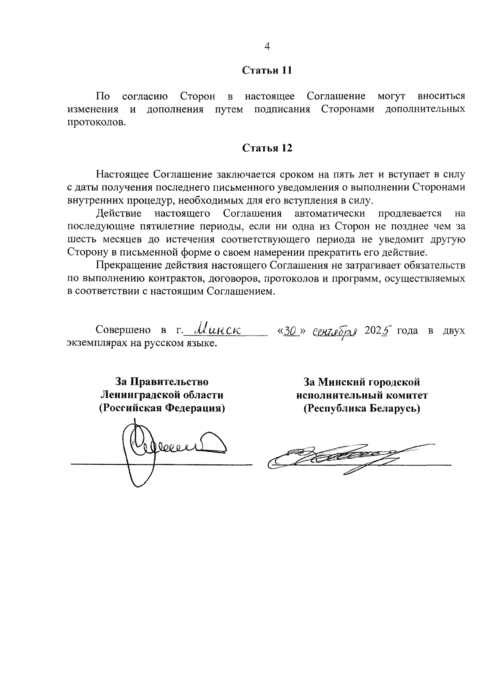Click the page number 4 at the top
[x=267, y=46]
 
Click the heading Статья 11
[x=267, y=70]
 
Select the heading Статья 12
[x=267, y=148]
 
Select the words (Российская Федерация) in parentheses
[x=162, y=409]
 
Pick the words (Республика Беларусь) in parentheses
[x=362, y=409]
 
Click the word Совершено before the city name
[x=122, y=331]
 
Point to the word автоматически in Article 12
[x=330, y=213]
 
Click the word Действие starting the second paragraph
[x=119, y=213]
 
